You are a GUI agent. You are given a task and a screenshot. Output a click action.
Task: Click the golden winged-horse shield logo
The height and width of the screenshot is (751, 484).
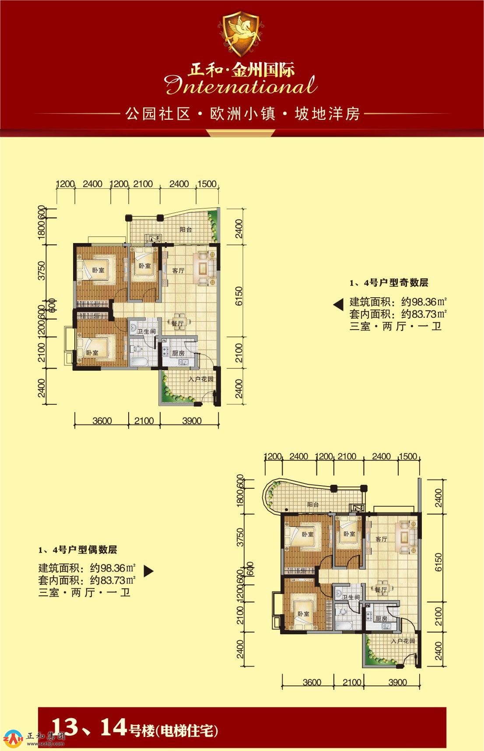point(242,34)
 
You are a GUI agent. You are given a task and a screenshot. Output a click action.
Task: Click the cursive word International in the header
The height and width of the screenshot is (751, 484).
point(241,86)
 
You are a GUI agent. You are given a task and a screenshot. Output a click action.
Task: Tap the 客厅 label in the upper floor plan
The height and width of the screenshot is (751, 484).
point(178,271)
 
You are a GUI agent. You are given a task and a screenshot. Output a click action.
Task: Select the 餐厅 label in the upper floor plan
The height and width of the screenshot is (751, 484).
point(177,323)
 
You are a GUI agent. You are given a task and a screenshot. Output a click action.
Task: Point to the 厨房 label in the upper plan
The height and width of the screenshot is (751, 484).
point(178,353)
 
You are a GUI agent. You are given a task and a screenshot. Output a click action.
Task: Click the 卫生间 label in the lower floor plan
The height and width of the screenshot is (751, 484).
point(351,598)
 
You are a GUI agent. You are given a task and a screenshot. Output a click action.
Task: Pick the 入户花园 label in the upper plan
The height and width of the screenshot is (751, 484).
point(201,379)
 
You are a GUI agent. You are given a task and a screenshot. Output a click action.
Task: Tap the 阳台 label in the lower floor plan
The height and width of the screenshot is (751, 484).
point(313,504)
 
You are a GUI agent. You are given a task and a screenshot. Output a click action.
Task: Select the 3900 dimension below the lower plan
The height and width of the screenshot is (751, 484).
point(397,682)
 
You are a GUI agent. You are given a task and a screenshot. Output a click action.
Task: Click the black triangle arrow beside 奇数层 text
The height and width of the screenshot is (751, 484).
point(338,305)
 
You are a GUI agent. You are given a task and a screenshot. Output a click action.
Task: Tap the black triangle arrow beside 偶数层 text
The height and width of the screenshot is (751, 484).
point(149,571)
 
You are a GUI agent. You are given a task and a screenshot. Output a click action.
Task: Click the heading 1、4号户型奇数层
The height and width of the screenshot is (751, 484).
point(389,283)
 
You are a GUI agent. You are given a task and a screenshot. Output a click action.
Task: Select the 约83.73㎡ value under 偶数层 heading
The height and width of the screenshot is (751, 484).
point(112,581)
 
